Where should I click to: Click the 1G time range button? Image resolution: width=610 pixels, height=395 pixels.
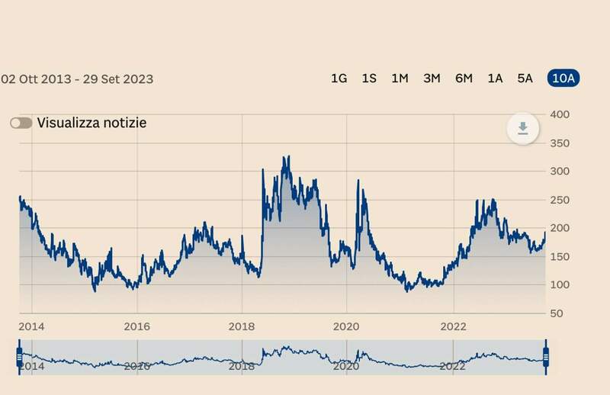pos(339,79)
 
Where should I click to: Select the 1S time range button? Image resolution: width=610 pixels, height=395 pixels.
pos(369,79)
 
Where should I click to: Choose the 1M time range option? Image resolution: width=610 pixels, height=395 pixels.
pos(400,79)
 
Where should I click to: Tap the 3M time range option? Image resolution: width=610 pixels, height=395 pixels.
pos(432,79)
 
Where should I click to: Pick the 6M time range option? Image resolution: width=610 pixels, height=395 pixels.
pos(464,79)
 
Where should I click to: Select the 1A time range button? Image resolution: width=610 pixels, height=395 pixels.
pos(495,79)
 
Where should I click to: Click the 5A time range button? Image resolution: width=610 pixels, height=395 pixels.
pos(525,79)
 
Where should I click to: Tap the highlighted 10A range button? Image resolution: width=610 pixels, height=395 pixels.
pos(563,79)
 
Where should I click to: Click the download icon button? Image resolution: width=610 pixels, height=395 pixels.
pos(523,128)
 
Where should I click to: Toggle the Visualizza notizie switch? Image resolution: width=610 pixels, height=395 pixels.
pos(21,123)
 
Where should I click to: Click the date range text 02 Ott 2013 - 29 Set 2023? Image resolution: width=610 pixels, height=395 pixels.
pos(77,79)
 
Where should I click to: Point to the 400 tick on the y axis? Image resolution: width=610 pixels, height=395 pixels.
pos(561,114)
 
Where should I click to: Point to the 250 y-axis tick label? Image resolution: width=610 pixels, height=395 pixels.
pos(561,200)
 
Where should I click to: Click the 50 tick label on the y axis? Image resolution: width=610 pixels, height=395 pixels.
pos(557,313)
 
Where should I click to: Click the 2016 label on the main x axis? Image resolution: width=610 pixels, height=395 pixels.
pos(136,326)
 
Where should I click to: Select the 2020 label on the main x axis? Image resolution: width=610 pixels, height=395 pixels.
pos(346,326)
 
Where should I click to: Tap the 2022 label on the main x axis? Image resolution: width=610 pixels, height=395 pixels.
pos(453,326)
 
